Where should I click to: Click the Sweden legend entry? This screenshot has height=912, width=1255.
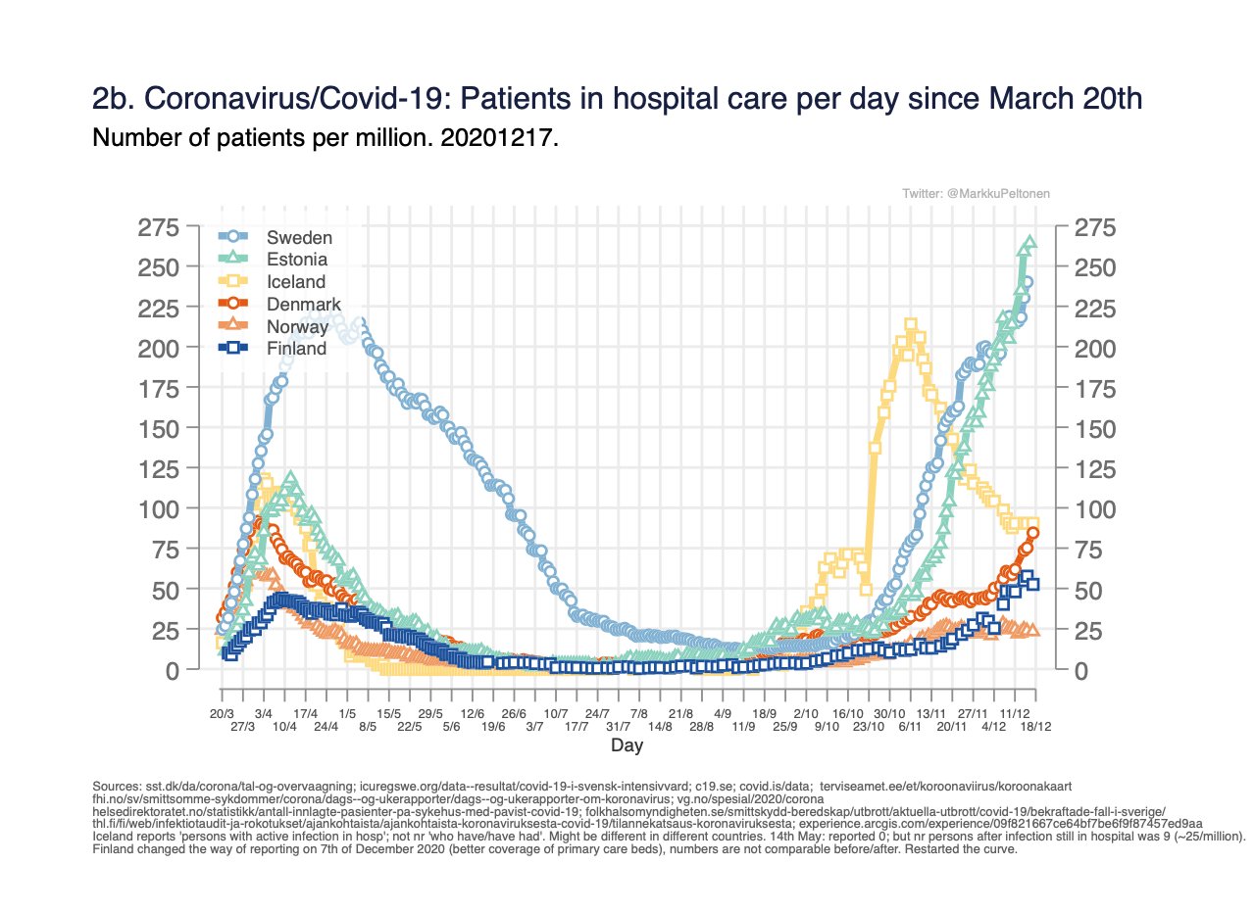click(300, 237)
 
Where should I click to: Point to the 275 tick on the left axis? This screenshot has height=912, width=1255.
click(158, 228)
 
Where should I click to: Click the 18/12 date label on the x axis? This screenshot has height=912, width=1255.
click(1035, 726)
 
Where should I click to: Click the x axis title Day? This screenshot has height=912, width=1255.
click(627, 746)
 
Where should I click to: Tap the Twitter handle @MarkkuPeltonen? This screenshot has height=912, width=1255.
click(976, 195)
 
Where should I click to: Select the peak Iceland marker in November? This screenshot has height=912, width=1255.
click(911, 325)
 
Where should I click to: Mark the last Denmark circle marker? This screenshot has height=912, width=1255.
click(1033, 533)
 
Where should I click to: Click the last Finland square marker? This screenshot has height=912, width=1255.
click(1033, 585)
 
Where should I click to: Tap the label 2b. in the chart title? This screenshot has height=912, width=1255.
click(113, 100)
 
